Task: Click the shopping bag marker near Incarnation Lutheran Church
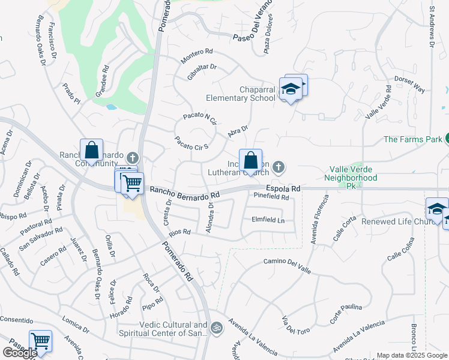251,161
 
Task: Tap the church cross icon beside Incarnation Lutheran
278,166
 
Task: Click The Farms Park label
412,139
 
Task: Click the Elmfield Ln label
267,220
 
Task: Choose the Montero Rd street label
197,56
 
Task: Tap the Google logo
20,353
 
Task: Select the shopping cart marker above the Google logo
40,341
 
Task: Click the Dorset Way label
409,84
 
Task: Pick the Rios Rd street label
179,232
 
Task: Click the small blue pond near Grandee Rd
111,107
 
